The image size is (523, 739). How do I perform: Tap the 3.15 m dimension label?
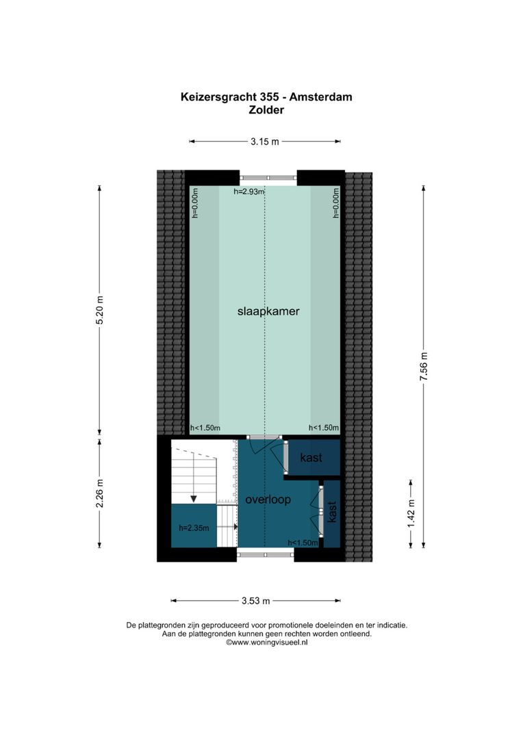(x=264, y=142)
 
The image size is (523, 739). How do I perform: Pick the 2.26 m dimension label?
(x=100, y=493)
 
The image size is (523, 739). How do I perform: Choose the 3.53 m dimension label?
(x=255, y=601)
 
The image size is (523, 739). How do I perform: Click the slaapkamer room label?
(x=269, y=311)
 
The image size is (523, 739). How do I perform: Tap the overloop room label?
(x=268, y=500)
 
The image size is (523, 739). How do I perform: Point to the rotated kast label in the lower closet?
(x=332, y=513)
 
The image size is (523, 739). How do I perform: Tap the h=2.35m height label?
(x=193, y=528)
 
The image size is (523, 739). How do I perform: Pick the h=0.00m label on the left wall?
(x=194, y=204)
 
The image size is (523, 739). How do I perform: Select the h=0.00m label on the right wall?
(x=336, y=204)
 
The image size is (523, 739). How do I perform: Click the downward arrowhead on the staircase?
(x=194, y=497)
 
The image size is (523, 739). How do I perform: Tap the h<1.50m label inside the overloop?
(x=303, y=543)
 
